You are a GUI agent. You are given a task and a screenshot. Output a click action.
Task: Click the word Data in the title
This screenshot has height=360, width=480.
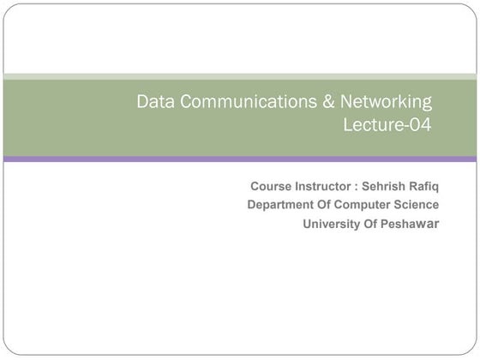click(x=154, y=102)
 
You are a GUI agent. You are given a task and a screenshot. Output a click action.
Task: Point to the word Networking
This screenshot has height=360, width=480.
click(x=387, y=103)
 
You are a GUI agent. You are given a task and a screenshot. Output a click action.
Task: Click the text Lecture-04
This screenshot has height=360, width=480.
click(x=387, y=125)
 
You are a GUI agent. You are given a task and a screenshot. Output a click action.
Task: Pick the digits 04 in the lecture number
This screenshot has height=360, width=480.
click(x=420, y=125)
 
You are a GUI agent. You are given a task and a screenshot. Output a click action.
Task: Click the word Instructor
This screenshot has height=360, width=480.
click(x=321, y=186)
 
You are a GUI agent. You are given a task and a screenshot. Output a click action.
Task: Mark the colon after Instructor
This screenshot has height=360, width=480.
click(x=355, y=187)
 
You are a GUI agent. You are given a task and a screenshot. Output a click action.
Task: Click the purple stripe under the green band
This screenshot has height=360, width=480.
click(x=240, y=159)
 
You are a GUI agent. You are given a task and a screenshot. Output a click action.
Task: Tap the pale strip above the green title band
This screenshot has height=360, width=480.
click(x=240, y=76)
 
